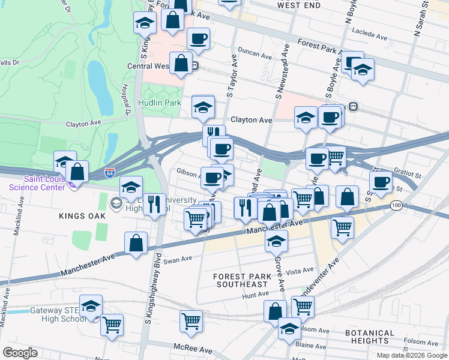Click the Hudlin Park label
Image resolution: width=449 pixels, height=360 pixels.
pos(160,103)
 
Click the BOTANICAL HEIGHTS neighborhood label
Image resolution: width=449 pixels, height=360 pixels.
pos(370,337)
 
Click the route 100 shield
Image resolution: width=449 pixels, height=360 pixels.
pos(395,206)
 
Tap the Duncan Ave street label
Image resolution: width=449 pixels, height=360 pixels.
pos(255,53)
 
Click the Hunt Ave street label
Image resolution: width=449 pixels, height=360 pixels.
pos(256,294)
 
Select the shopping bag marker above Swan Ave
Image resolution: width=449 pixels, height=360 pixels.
pos(136,243)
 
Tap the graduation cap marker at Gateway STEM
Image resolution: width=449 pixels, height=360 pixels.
pos(91,306)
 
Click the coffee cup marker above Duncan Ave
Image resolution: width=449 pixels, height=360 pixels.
pos(198,39)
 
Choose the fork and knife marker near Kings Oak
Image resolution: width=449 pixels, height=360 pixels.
pos(154,205)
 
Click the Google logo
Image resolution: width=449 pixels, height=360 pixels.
pos(20,353)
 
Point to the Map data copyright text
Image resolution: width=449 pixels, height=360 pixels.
pos(411,355)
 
